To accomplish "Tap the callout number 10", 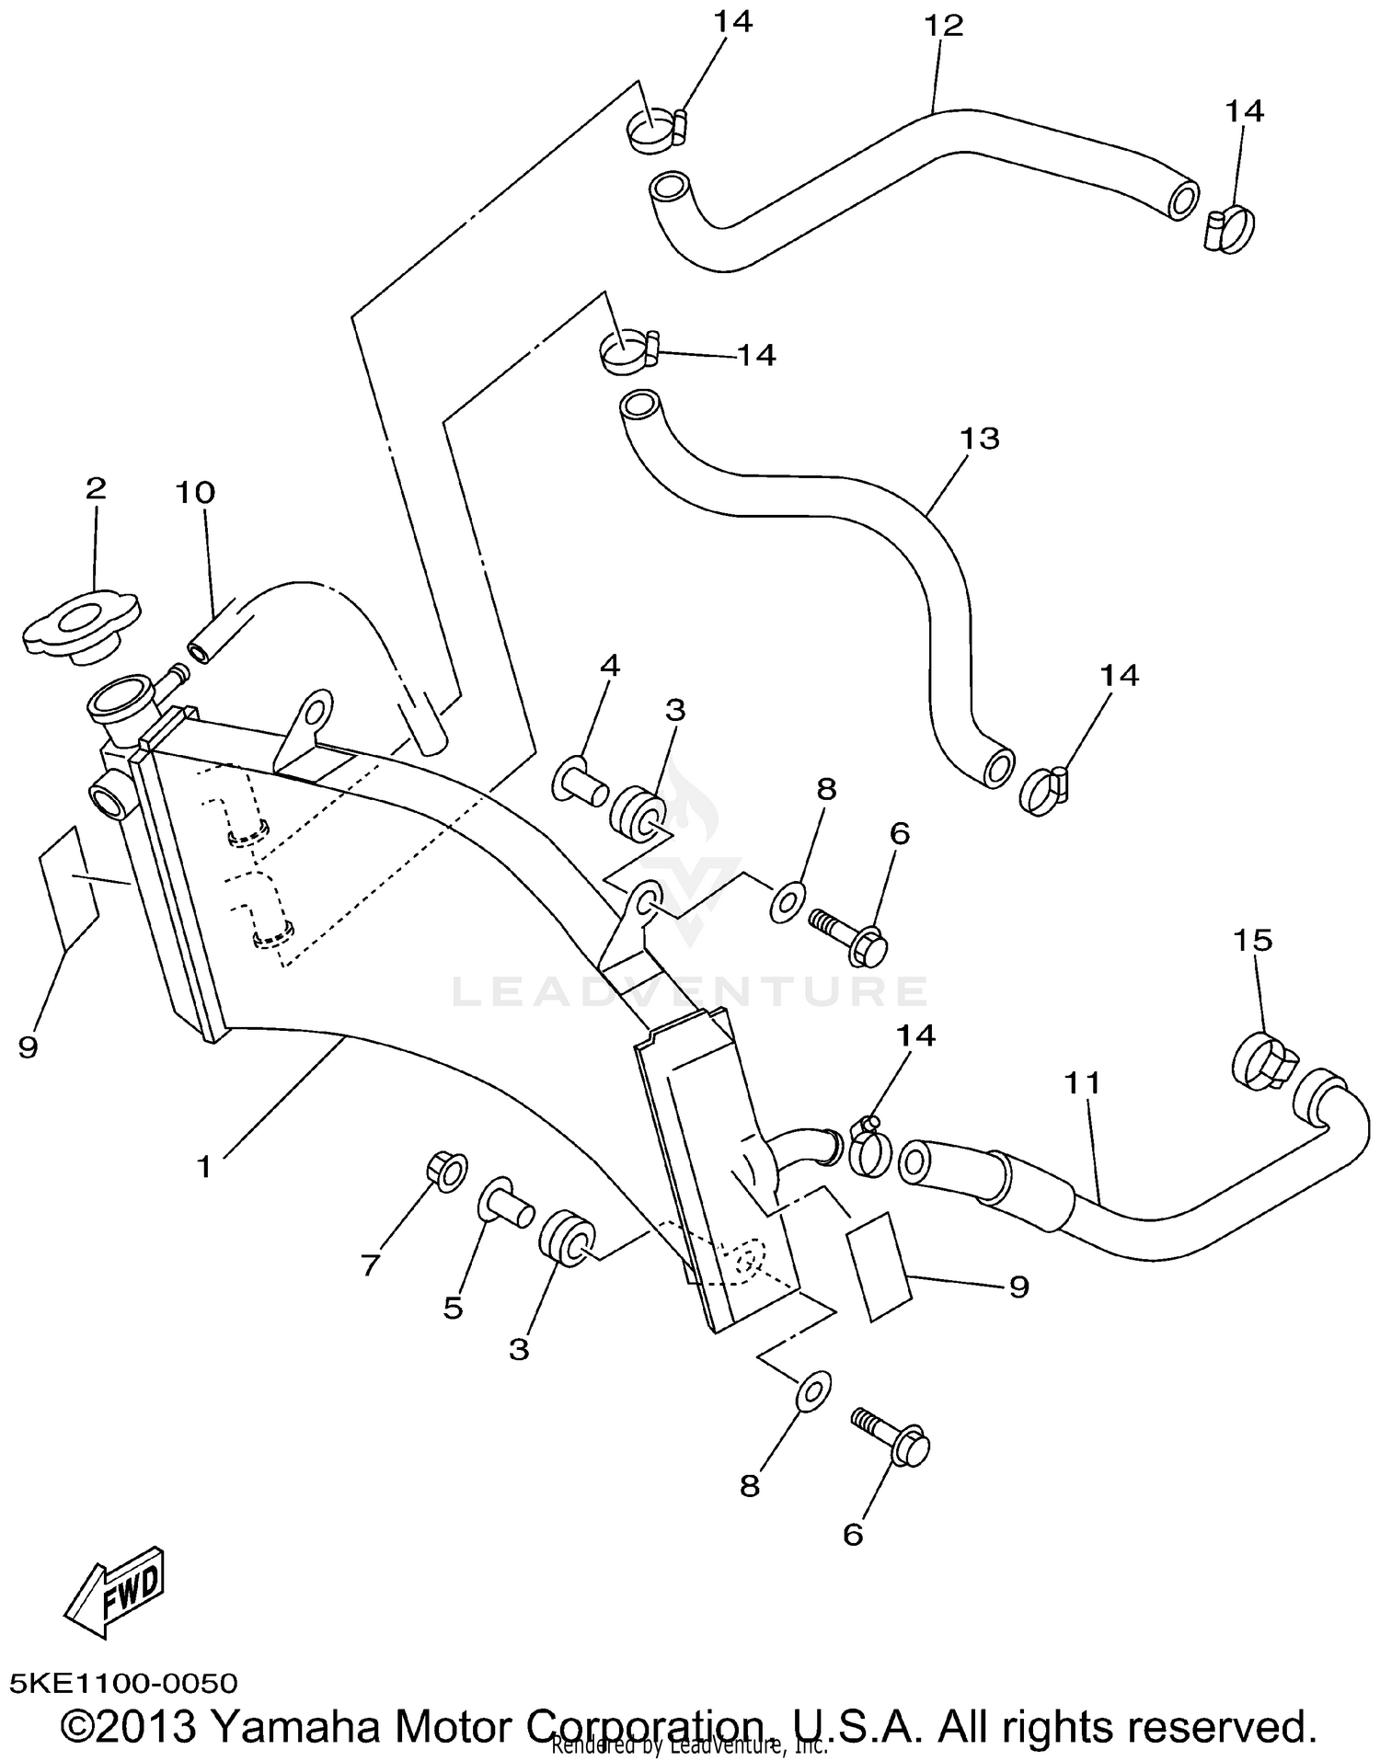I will [x=195, y=493].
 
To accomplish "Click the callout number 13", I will [x=979, y=438].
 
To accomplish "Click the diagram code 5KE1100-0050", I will [x=124, y=1684].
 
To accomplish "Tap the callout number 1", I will [x=204, y=1167].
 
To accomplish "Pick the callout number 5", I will [x=453, y=1308].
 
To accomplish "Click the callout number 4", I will [x=610, y=666].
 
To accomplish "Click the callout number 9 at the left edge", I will [x=28, y=1046].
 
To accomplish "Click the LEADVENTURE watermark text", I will [x=690, y=991].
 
